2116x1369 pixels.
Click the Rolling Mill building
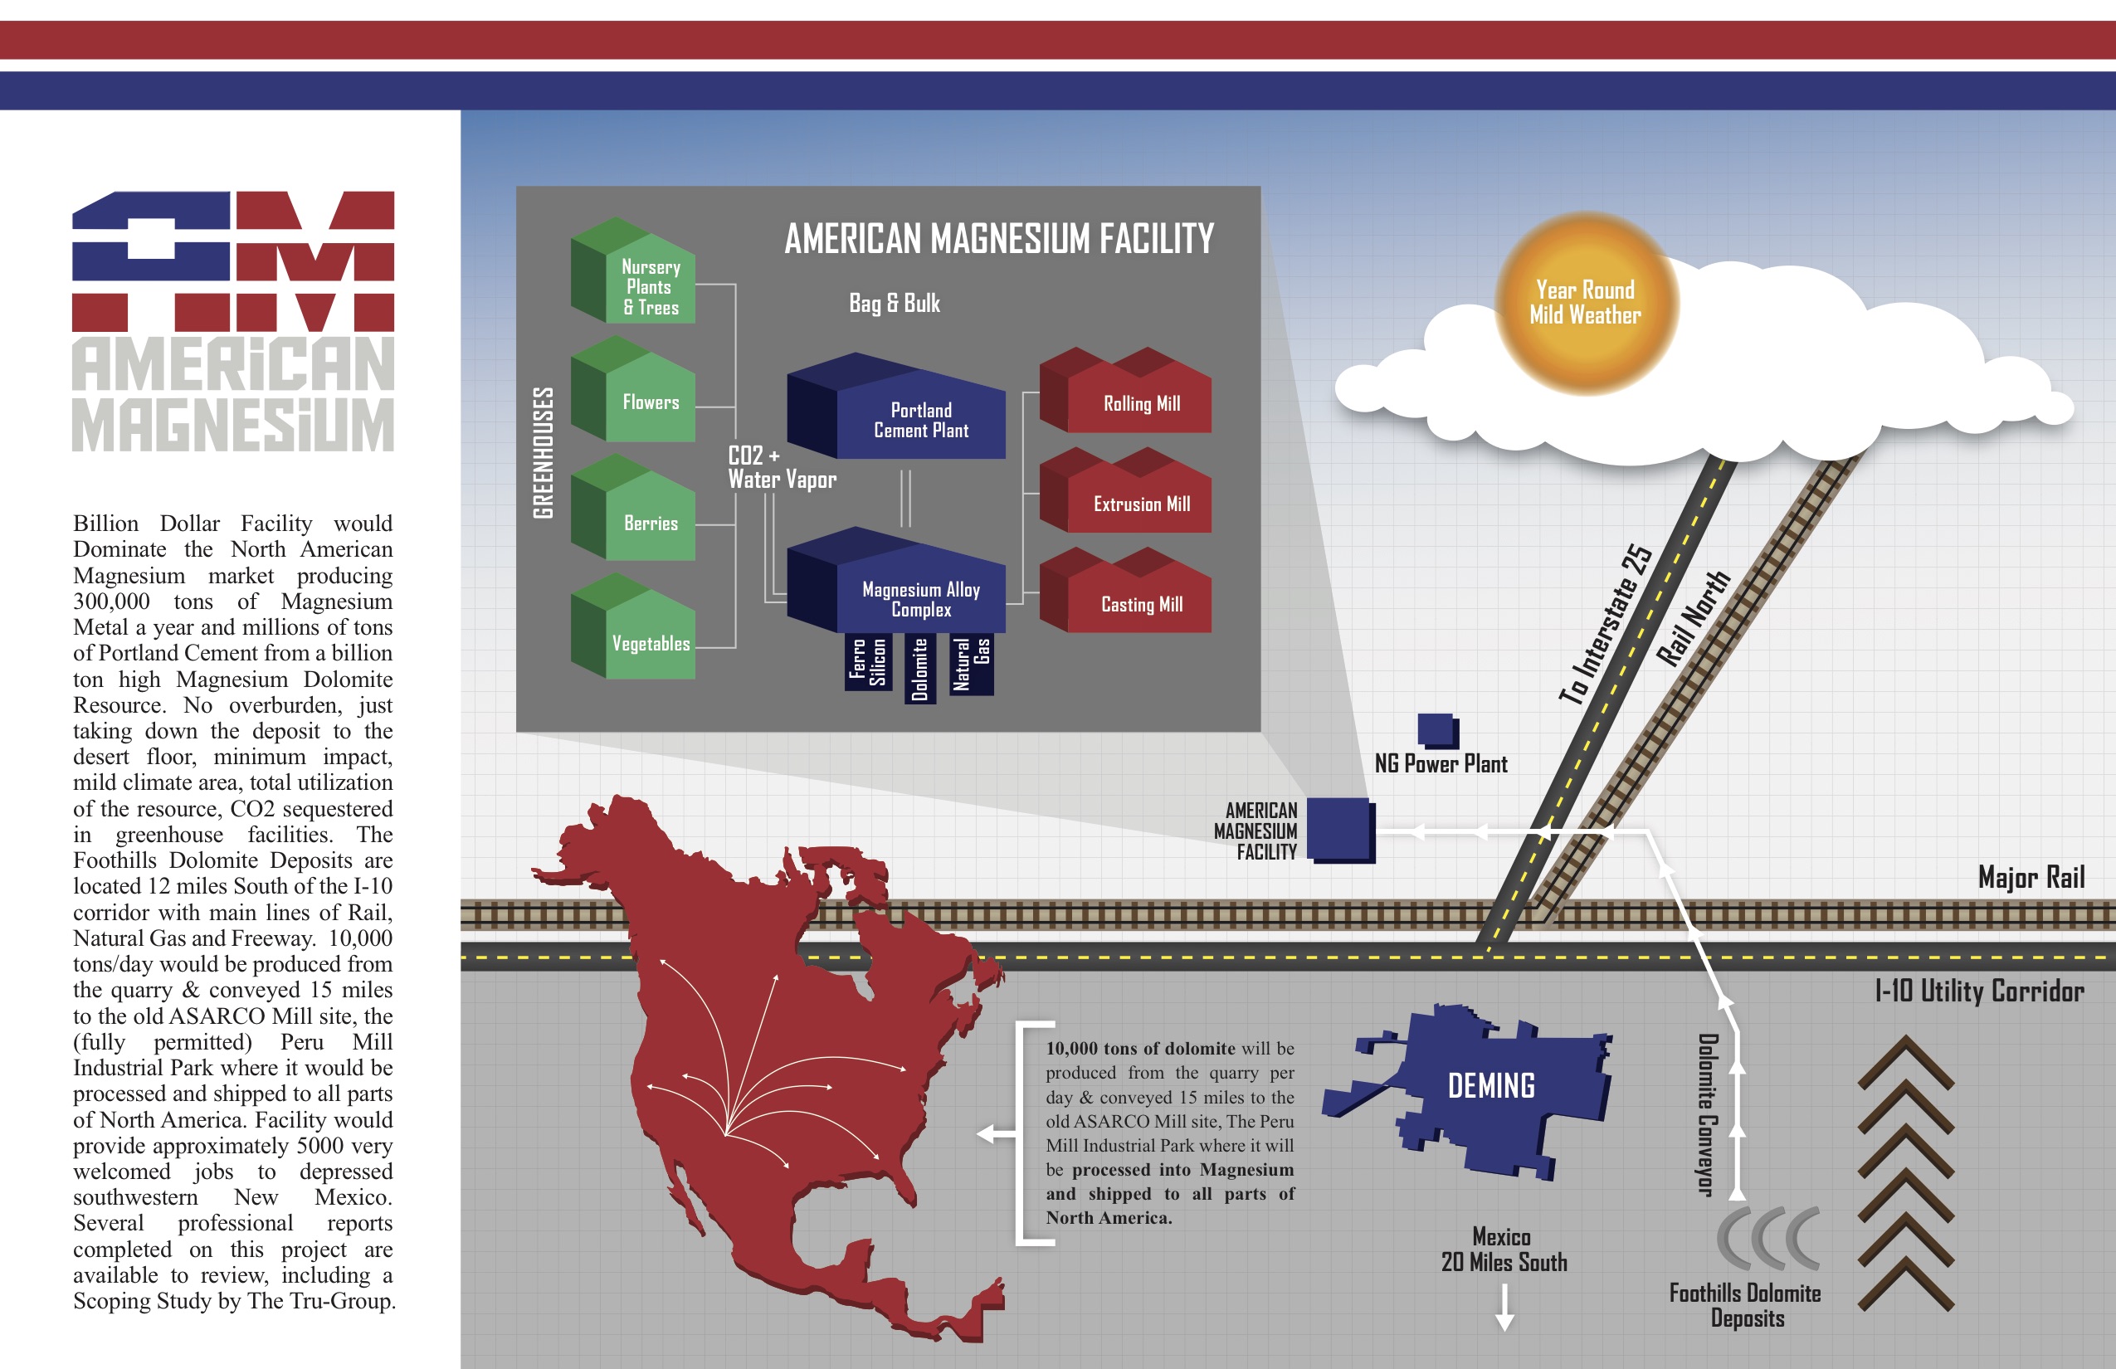(1125, 390)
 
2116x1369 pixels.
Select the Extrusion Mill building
(1125, 490)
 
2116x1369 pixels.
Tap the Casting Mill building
(1125, 590)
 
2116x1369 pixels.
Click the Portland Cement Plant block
(896, 407)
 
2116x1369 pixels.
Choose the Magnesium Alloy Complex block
(896, 581)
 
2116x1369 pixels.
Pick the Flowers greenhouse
(633, 389)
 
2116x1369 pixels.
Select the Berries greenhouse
(633, 508)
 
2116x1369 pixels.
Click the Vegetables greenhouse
(633, 626)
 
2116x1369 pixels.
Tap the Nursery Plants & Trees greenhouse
(633, 270)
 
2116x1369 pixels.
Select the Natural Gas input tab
(971, 663)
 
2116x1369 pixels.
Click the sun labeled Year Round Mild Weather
(1586, 303)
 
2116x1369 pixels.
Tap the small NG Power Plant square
(1437, 731)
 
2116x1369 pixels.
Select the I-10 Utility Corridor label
(1979, 991)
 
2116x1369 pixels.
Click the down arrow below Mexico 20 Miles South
(1504, 1308)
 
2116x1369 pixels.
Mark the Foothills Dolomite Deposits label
(1745, 1305)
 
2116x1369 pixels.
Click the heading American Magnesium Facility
(999, 238)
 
